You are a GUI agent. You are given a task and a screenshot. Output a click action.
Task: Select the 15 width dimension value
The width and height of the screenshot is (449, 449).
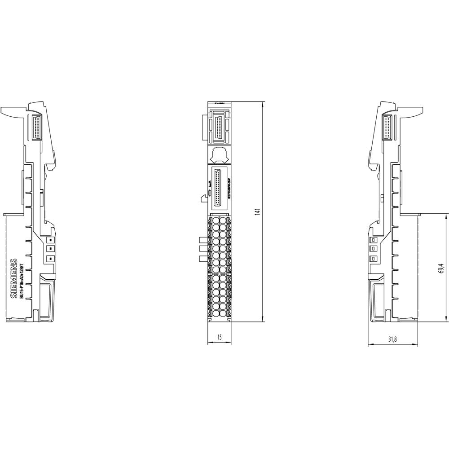(x=219, y=337)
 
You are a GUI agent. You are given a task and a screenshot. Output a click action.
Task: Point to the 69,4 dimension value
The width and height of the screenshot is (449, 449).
(x=441, y=268)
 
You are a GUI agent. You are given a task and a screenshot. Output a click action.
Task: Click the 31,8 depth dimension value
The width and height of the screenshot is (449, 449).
(x=392, y=340)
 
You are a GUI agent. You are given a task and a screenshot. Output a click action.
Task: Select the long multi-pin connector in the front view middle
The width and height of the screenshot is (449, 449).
(x=219, y=186)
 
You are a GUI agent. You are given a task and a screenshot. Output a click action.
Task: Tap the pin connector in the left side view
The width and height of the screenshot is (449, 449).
(x=37, y=128)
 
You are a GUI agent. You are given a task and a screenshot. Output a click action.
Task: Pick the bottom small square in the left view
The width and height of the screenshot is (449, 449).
(x=51, y=259)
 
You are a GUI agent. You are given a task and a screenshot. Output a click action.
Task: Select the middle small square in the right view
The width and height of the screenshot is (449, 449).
(x=372, y=248)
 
